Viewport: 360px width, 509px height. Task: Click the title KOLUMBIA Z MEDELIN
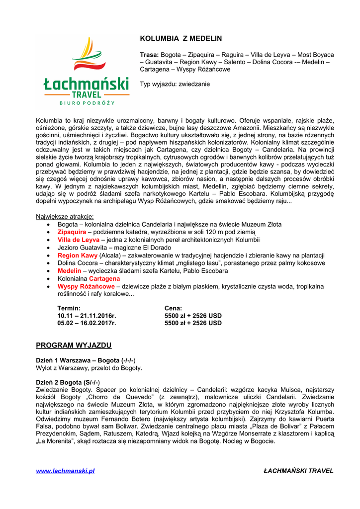click(x=180, y=39)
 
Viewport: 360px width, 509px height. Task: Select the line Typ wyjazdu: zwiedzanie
click(x=175, y=84)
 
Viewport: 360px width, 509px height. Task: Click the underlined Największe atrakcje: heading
click(x=65, y=217)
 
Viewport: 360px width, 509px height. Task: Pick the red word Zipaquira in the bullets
click(x=72, y=232)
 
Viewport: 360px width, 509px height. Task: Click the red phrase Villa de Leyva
click(x=79, y=240)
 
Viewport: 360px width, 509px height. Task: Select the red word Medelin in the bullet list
click(x=69, y=271)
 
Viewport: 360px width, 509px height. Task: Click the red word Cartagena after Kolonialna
click(x=104, y=279)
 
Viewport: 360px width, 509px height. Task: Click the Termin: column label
click(x=69, y=308)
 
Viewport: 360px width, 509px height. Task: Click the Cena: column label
click(x=173, y=308)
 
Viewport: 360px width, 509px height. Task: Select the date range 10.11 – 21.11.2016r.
click(x=87, y=316)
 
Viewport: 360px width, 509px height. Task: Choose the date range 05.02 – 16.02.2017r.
click(x=87, y=323)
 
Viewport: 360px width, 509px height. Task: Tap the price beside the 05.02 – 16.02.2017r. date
click(x=193, y=323)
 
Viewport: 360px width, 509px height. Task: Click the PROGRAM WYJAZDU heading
click(x=74, y=345)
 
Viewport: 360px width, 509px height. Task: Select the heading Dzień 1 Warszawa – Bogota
click(x=86, y=360)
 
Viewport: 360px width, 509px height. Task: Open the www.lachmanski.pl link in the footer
click(x=65, y=471)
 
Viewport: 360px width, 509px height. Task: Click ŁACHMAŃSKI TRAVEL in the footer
click(x=298, y=471)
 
